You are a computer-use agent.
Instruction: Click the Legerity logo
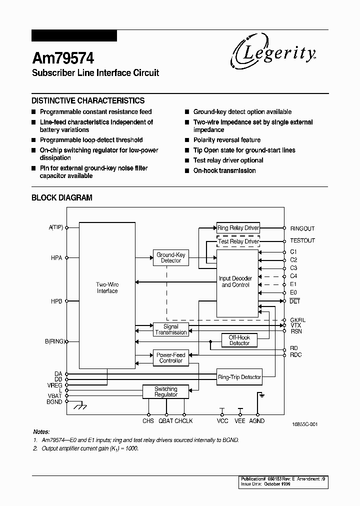point(273,53)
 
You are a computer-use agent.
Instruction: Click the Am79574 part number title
point(63,58)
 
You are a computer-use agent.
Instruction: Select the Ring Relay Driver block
point(238,228)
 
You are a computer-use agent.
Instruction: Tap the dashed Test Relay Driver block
point(238,241)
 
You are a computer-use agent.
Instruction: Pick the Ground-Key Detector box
point(171,257)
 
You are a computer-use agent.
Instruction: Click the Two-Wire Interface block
point(107,287)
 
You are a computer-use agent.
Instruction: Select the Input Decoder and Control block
point(235,281)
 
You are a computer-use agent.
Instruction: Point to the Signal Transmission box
point(170,329)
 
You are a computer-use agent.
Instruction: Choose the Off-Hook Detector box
point(239,340)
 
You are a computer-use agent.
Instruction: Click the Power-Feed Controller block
point(170,357)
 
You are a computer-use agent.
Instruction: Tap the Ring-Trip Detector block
point(239,377)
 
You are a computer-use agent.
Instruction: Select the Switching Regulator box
point(165,391)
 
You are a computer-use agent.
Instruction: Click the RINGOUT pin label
point(302,228)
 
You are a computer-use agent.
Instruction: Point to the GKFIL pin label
point(298,319)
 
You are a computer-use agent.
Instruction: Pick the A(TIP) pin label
point(56,227)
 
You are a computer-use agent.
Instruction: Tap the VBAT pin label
point(55,395)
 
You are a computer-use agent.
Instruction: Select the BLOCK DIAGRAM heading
point(62,197)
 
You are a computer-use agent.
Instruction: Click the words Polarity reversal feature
point(226,140)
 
